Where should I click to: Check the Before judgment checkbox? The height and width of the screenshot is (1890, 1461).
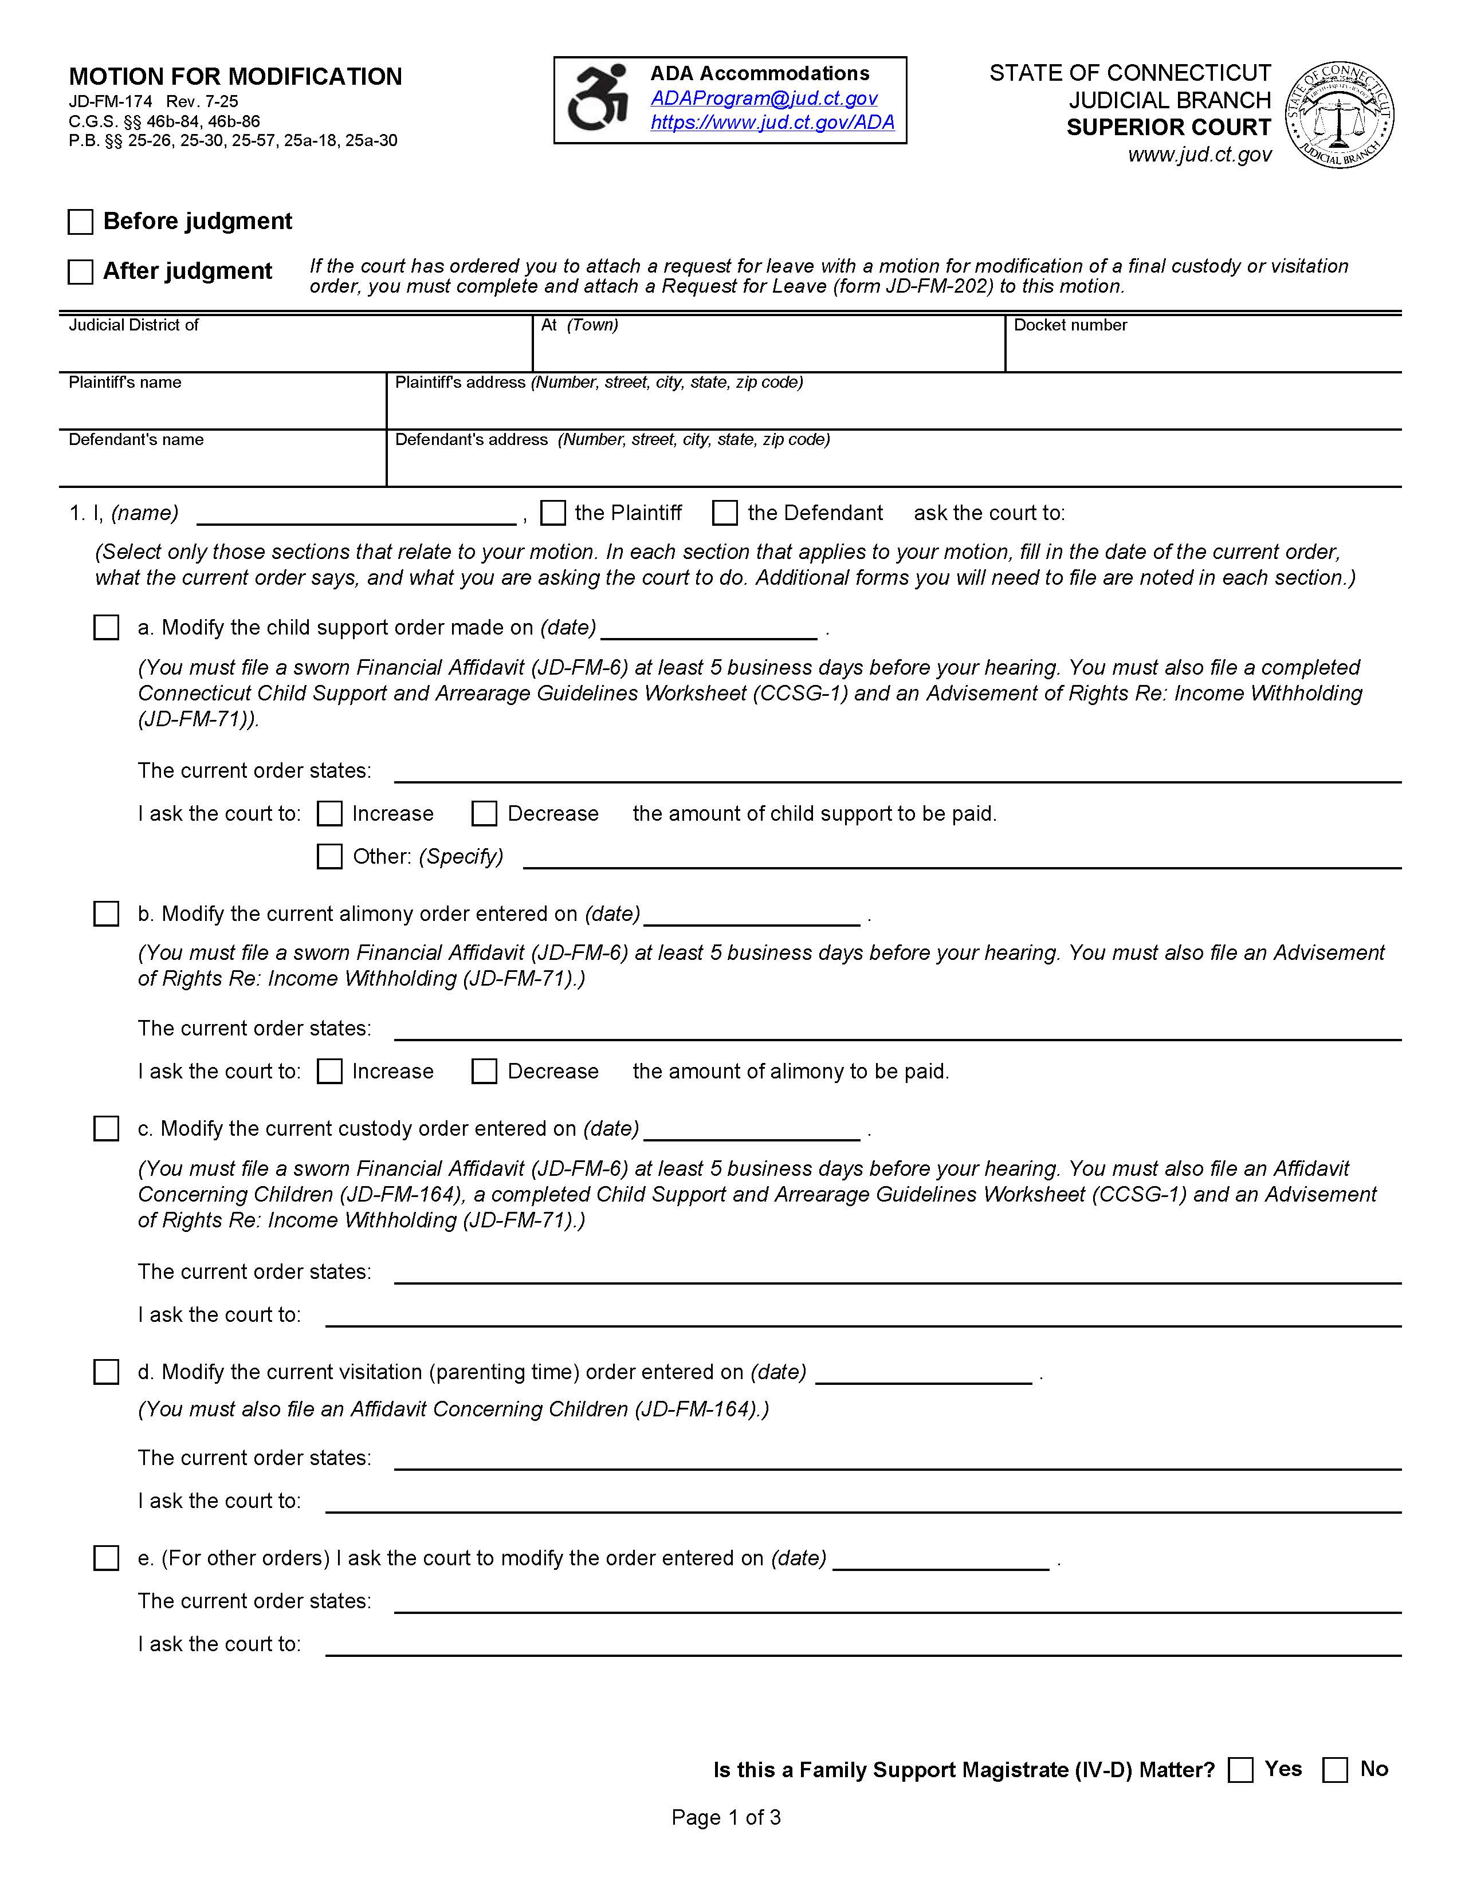80,222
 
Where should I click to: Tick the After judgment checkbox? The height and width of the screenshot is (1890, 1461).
80,271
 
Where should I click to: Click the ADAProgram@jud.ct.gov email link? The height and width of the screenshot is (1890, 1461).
763,98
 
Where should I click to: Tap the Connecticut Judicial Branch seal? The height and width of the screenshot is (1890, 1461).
1339,115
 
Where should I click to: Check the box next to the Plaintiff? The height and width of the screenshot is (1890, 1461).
552,513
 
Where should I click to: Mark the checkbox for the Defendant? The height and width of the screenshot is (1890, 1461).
724,513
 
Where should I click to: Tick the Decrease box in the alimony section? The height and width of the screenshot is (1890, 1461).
484,1072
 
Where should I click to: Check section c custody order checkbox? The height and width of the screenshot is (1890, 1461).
107,1128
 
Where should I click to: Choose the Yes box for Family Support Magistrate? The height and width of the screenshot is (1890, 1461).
1240,1770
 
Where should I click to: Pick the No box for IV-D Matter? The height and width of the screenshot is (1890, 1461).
1334,1770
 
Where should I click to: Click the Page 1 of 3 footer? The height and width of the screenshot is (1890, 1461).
725,1817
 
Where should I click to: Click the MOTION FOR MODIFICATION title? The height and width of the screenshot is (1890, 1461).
235,77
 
